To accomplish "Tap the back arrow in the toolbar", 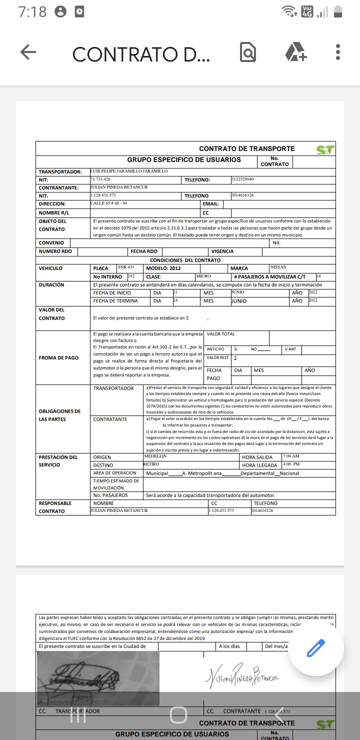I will (x=28, y=52).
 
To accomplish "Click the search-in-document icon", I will (x=248, y=52).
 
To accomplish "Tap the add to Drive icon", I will (x=295, y=52).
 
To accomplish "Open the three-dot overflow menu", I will (x=338, y=52).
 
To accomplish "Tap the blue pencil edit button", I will (x=316, y=648).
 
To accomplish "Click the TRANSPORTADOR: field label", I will (x=60, y=171).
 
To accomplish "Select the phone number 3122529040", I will (x=243, y=179).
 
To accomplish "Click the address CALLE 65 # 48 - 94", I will (x=108, y=203).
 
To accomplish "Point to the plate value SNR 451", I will (x=126, y=267).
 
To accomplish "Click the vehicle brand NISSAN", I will (x=278, y=267).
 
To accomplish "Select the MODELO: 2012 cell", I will (x=163, y=268).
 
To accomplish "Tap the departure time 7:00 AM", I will (x=291, y=456).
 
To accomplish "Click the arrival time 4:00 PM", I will (x=291, y=464).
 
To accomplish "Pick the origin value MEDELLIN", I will (x=155, y=456).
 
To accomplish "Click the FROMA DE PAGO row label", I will (x=58, y=358).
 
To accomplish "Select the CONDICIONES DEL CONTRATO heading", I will (x=185, y=260).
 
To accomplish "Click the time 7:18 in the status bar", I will (x=32, y=12).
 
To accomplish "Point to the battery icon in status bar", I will (x=339, y=11).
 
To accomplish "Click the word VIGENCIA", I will (x=222, y=251).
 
